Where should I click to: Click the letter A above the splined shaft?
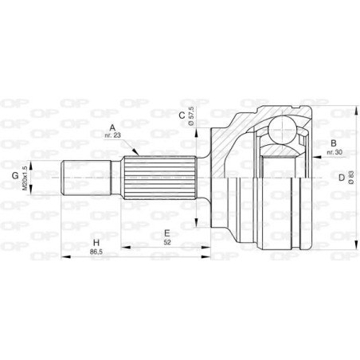[112, 126]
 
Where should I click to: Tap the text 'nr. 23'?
[112, 135]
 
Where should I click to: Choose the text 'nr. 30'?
[334, 152]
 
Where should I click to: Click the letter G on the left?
[14, 176]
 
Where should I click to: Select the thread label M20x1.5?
[27, 176]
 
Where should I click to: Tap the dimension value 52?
[166, 242]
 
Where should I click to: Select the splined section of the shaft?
[159, 177]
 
